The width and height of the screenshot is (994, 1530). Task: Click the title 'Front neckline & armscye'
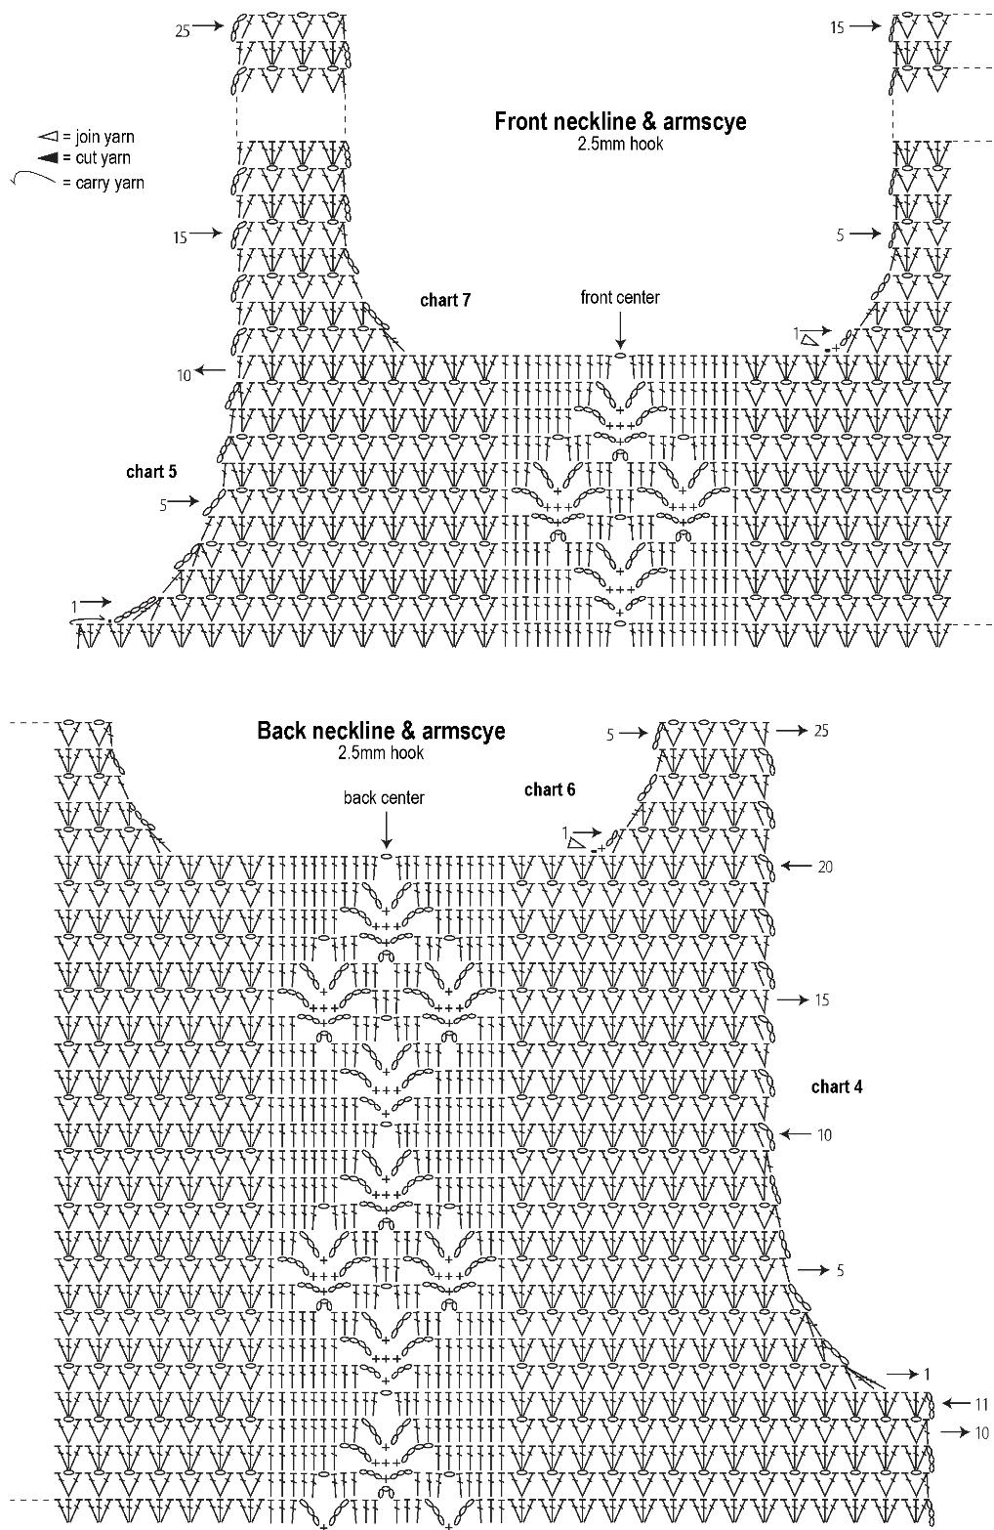(x=620, y=121)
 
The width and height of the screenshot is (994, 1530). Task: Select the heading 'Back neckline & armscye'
(x=381, y=731)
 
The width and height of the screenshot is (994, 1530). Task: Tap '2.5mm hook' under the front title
(x=620, y=144)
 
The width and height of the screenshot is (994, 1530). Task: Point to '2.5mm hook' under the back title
(x=381, y=753)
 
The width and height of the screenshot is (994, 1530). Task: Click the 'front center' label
(x=620, y=298)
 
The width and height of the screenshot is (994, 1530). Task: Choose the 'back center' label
(x=384, y=798)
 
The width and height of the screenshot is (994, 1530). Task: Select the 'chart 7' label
(x=445, y=300)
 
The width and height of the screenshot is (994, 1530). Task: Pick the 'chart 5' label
(x=151, y=472)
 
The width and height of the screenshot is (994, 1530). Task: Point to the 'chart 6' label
(x=550, y=789)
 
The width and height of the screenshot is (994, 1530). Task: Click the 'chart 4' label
(x=837, y=1086)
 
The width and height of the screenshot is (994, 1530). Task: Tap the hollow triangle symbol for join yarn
(x=46, y=138)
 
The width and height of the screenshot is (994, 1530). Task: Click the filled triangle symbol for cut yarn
(x=46, y=158)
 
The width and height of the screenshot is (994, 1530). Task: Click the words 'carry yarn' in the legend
(x=109, y=183)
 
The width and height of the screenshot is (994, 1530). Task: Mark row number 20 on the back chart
(x=825, y=867)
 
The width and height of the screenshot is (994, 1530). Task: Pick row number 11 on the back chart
(x=980, y=1405)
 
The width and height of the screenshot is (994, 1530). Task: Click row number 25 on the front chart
(x=183, y=31)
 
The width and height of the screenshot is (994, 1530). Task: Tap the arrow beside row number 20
(x=795, y=866)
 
